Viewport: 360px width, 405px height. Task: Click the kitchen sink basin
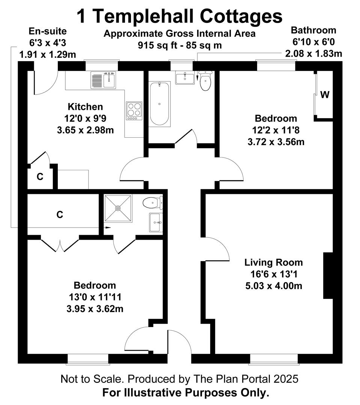coord(110,80)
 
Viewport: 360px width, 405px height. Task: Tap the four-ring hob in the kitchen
coord(134,111)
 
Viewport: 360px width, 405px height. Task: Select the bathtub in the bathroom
coord(159,103)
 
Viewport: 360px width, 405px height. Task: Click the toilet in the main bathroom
coord(206,81)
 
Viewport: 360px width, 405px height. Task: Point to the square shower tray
coord(118,208)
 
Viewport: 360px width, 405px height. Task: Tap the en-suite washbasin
coord(156,222)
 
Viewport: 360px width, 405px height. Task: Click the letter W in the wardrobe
coord(325,95)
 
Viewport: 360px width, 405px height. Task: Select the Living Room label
coord(274,262)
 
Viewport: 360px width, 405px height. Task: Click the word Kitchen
coord(85,106)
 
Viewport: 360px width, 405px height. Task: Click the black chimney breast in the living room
coord(328,276)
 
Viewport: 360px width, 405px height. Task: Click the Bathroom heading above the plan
coord(313,30)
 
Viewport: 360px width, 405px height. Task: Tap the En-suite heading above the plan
coord(48,31)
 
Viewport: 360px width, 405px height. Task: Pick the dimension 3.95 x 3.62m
coord(95,309)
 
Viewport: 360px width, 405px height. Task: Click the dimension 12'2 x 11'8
coord(276,130)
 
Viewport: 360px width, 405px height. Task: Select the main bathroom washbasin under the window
coord(185,78)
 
